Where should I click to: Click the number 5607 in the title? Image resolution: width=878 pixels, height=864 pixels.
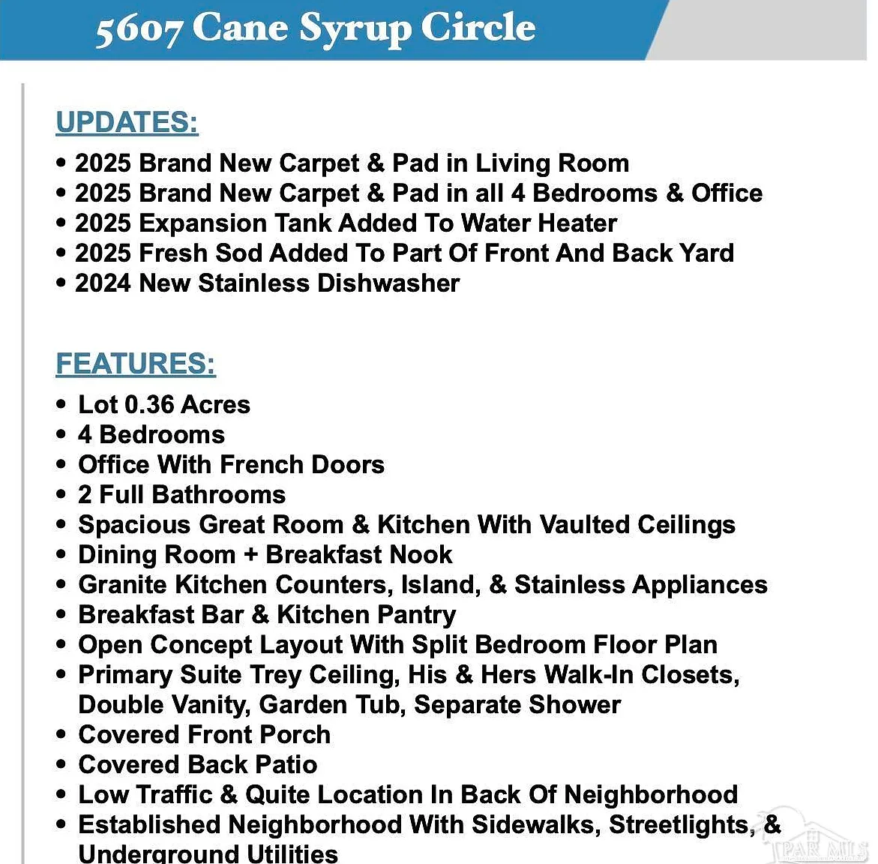pos(139,30)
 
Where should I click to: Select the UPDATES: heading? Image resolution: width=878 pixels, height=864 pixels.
pos(127,122)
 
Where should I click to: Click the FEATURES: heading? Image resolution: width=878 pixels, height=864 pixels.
pos(136,364)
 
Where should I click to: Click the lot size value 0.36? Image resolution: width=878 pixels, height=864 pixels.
pos(149,405)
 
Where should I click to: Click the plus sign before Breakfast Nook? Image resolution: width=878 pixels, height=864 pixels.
pos(250,555)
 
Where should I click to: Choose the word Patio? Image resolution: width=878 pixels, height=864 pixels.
pos(286,765)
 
